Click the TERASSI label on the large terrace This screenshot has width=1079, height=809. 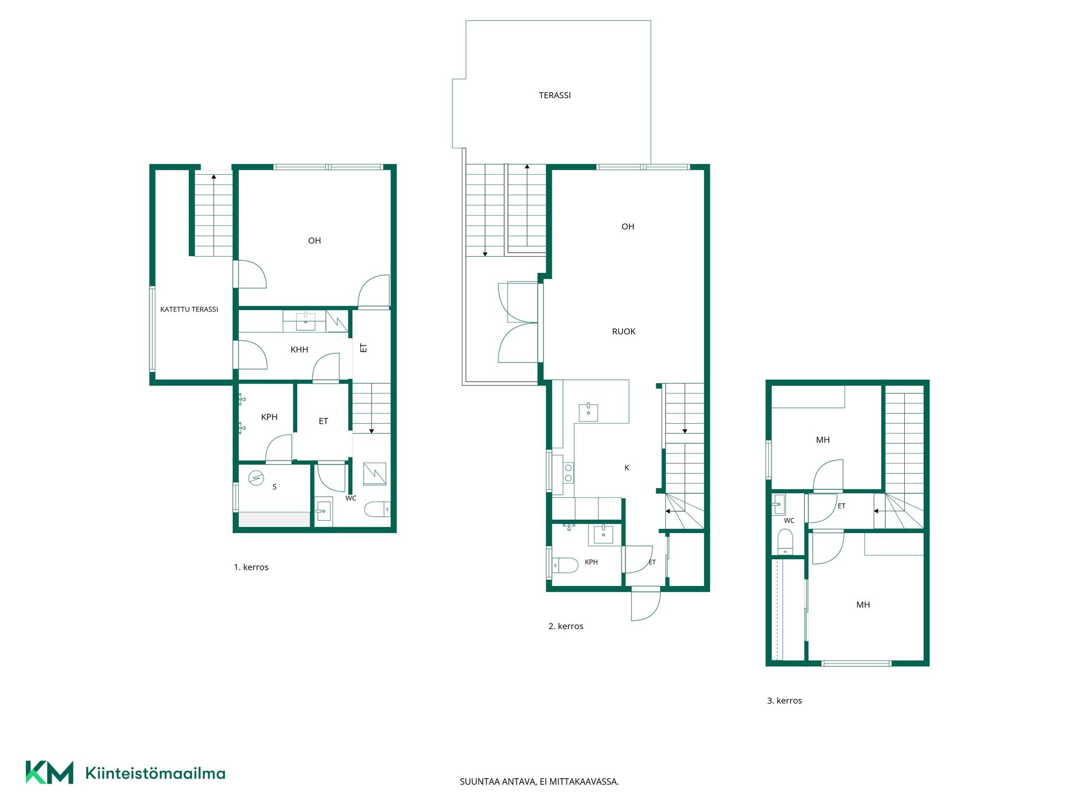(x=555, y=96)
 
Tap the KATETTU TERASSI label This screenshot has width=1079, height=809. (x=189, y=310)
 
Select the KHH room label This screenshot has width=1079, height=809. (x=299, y=349)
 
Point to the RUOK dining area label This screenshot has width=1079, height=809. (x=624, y=331)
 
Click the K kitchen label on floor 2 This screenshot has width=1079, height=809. (x=627, y=467)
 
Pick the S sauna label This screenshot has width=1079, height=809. (x=274, y=487)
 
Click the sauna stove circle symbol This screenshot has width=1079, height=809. (x=256, y=478)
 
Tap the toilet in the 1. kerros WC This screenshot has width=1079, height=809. (x=378, y=510)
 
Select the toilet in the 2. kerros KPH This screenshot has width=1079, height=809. (x=565, y=565)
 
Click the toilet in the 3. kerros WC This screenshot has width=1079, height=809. (x=785, y=542)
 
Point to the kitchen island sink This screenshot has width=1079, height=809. (x=588, y=412)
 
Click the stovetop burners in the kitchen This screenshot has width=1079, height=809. (x=568, y=472)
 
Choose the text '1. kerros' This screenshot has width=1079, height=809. (x=251, y=567)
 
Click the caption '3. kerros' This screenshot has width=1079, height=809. (x=785, y=701)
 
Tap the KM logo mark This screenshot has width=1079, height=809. (x=49, y=772)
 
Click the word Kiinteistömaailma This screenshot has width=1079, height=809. (x=155, y=773)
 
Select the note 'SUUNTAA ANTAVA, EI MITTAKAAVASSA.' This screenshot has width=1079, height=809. (x=539, y=781)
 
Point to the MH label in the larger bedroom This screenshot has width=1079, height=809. (x=863, y=605)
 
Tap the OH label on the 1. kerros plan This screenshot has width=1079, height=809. (x=314, y=240)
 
